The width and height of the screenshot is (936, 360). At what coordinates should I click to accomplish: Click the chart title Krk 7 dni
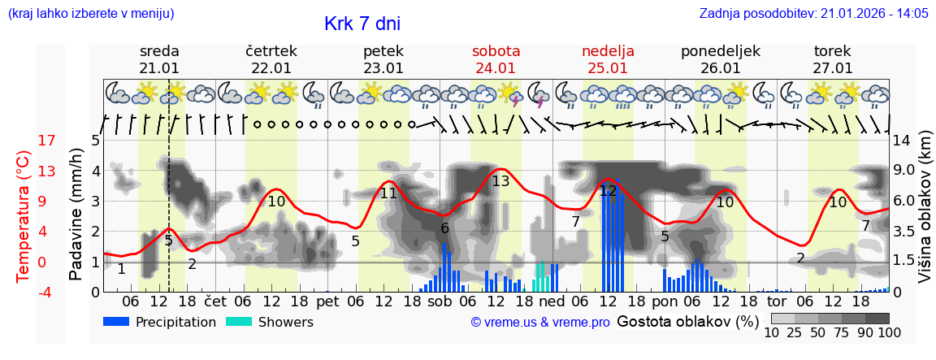click(362, 24)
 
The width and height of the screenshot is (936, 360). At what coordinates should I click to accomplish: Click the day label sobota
click(496, 51)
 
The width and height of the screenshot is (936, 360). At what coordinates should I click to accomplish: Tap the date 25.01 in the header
click(608, 68)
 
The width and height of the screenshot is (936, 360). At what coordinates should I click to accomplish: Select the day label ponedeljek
click(720, 51)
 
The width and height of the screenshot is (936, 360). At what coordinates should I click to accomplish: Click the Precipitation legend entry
click(159, 322)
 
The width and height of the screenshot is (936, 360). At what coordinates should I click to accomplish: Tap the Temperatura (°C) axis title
click(24, 216)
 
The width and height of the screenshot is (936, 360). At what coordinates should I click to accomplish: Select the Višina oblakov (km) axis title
click(925, 216)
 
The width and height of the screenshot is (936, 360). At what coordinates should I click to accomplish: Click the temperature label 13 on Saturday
click(500, 181)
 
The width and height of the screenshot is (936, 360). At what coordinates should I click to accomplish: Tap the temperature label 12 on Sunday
click(608, 191)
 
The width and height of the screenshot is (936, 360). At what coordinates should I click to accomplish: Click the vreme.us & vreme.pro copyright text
click(540, 322)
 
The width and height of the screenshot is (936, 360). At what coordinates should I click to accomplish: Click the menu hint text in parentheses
click(91, 14)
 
